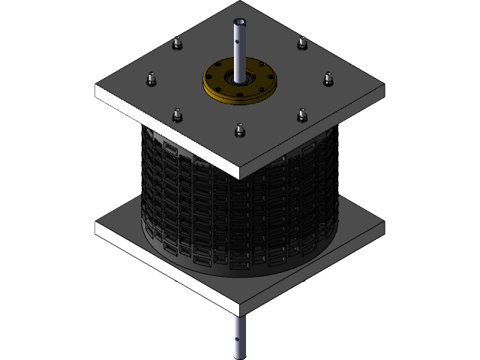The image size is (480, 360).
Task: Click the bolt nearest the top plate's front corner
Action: pyautogui.click(x=239, y=130)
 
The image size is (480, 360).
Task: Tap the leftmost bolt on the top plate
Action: pyautogui.click(x=151, y=77)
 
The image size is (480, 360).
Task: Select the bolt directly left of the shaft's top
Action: pyautogui.click(x=177, y=43)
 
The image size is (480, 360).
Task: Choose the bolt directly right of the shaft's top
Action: pyautogui.click(x=301, y=43)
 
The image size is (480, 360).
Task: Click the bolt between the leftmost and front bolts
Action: pyautogui.click(x=178, y=115)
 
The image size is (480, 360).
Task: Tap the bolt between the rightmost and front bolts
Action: pyautogui.click(x=301, y=114)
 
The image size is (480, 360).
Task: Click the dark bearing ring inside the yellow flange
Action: pyautogui.click(x=239, y=77)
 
